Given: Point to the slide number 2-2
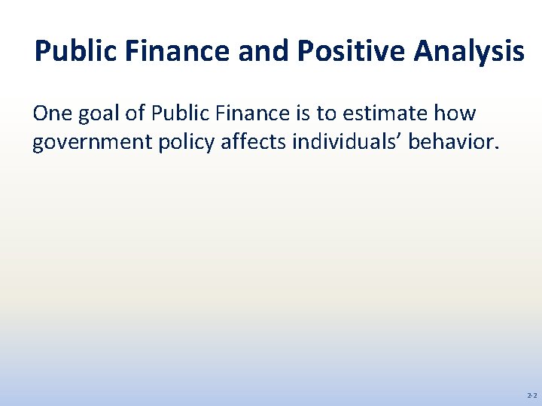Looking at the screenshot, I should tap(531, 395).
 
